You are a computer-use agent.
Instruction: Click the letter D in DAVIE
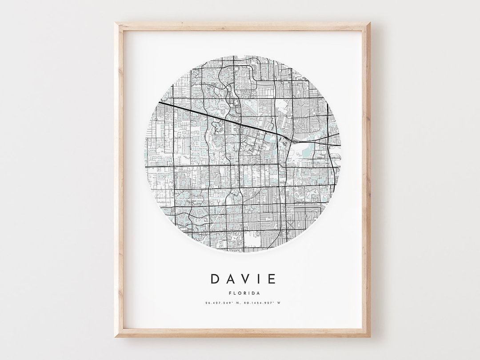[x=215, y=279]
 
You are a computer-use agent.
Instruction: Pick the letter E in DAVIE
[x=271, y=279]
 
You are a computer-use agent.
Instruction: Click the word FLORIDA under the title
[x=243, y=293]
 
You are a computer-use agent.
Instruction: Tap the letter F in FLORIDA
[x=229, y=293]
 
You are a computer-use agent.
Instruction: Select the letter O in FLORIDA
[x=238, y=293]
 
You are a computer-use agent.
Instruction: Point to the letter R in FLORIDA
[x=243, y=293]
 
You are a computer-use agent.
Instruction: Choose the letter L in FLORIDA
[x=233, y=293]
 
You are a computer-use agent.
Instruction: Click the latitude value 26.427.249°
[x=219, y=303]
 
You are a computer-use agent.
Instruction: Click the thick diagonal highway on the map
[x=222, y=117]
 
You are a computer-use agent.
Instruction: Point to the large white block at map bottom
[x=252, y=240]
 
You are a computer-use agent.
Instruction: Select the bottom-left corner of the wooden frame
[x=116, y=336]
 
